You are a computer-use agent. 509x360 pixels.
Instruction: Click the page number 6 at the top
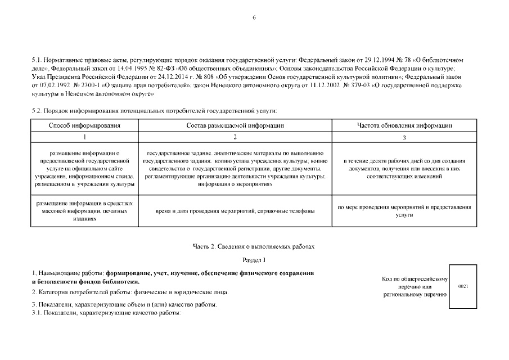pos(254,18)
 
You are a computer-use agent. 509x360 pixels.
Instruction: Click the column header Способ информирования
pos(85,125)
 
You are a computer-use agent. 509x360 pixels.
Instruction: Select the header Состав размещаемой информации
pos(235,125)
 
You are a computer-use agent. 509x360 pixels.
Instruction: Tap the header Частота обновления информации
pos(404,125)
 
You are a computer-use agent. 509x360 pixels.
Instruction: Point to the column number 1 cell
pos(85,137)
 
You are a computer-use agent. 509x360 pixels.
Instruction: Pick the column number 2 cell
pos(235,137)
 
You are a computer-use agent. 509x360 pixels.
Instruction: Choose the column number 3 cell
pos(404,137)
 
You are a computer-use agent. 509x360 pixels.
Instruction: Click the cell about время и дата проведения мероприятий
pos(235,210)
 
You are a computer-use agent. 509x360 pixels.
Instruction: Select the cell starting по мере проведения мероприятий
pos(404,210)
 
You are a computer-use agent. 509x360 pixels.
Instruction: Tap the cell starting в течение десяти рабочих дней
pos(404,168)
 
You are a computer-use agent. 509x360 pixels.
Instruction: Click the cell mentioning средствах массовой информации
pos(85,210)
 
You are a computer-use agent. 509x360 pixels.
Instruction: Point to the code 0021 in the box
pos(463,286)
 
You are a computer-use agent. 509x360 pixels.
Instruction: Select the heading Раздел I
pos(254,260)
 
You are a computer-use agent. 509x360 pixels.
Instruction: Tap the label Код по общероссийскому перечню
pos(415,286)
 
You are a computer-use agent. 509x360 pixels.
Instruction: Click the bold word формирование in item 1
pos(135,273)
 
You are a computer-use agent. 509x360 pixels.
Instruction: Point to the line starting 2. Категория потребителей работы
pos(130,292)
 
